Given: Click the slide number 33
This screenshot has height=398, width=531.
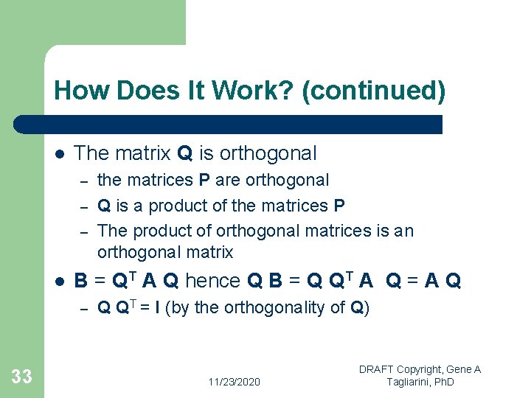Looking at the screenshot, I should (x=22, y=377).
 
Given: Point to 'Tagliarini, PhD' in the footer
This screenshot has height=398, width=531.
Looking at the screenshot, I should (x=420, y=382).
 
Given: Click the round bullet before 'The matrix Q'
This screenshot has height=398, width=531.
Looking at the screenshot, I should (x=58, y=154).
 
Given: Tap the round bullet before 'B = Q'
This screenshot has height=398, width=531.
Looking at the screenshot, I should (x=58, y=281).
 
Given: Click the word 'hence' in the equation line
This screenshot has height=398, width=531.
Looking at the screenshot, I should (x=212, y=281).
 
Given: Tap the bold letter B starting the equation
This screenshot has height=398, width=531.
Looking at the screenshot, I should (x=81, y=281).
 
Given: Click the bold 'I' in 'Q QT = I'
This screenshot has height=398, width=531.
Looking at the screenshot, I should (x=157, y=308).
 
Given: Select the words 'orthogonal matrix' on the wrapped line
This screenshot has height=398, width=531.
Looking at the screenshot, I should (x=164, y=253).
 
